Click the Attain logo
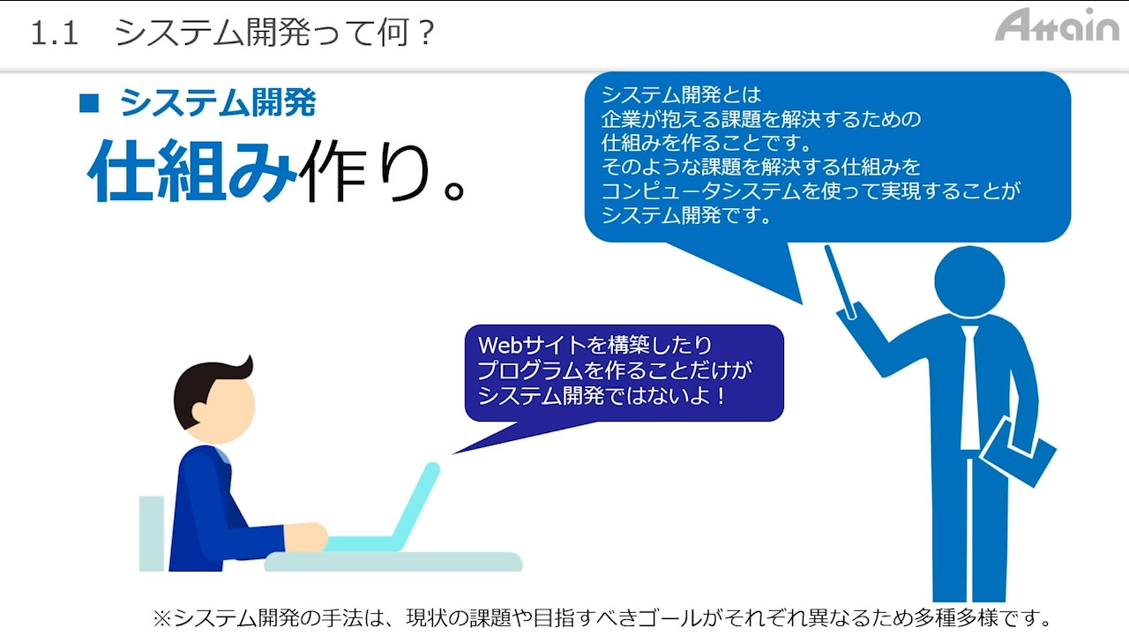click(x=1057, y=25)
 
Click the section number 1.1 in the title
click(x=55, y=34)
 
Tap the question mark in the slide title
click(x=426, y=32)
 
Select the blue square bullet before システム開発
click(x=89, y=103)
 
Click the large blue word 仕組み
click(x=192, y=170)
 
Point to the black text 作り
click(x=364, y=170)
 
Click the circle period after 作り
click(x=453, y=190)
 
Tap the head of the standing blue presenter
click(x=969, y=280)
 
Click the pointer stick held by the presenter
click(x=840, y=282)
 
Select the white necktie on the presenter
click(x=969, y=387)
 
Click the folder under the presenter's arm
click(x=1018, y=452)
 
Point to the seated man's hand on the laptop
click(x=306, y=537)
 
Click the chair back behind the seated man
click(x=151, y=534)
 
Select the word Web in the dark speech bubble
click(x=499, y=345)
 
